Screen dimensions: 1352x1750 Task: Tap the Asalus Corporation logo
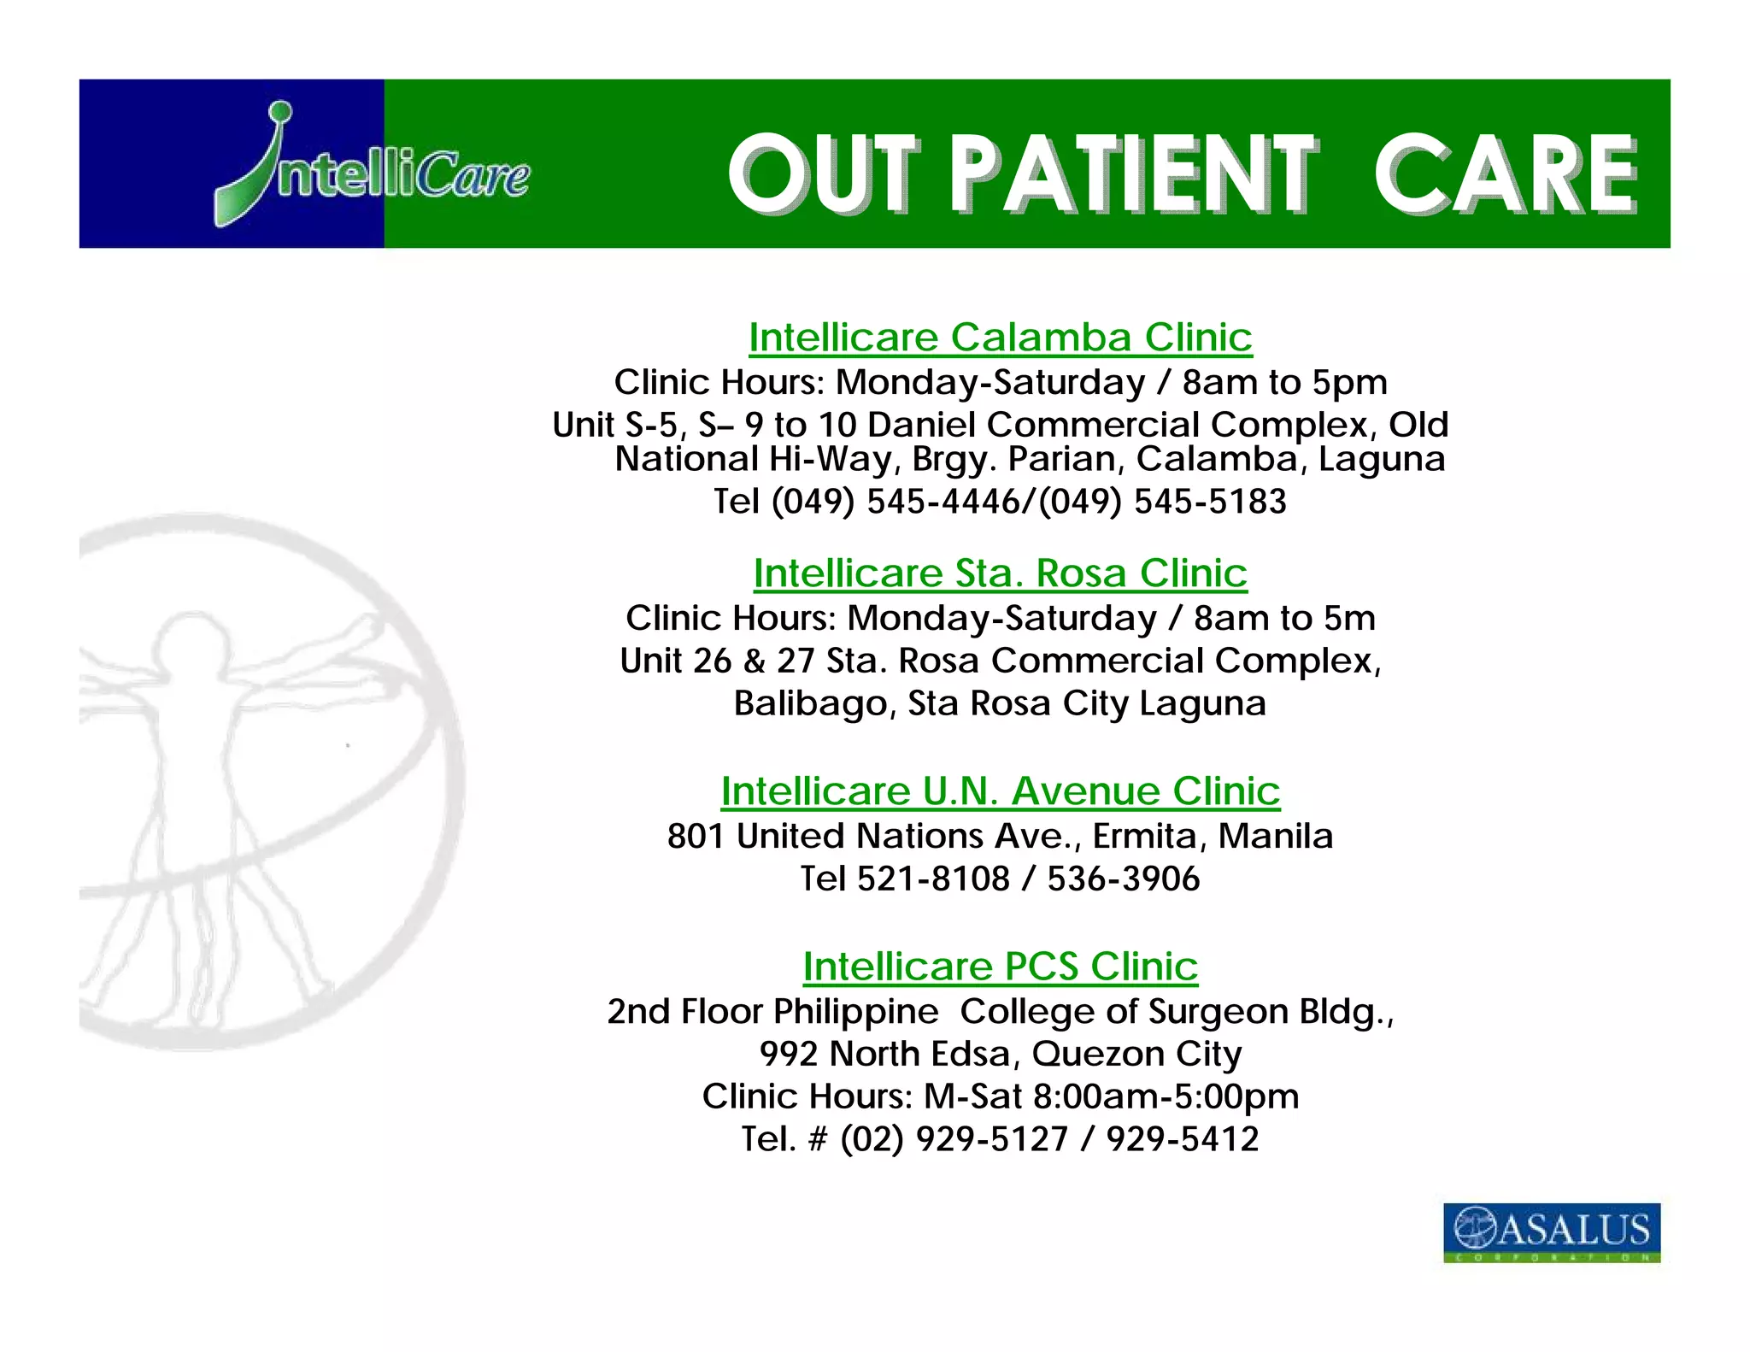pos(1551,1231)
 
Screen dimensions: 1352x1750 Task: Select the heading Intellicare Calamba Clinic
pos(1000,338)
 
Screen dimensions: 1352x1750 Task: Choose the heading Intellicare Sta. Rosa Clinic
pos(1000,573)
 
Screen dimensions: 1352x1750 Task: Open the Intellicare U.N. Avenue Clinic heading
pos(1000,791)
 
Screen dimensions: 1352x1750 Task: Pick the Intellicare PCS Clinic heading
pos(1000,967)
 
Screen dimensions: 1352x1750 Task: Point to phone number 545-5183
pos(1209,502)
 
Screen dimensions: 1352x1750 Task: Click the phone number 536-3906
pos(1123,879)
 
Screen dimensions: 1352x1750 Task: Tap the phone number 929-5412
pos(1182,1139)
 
